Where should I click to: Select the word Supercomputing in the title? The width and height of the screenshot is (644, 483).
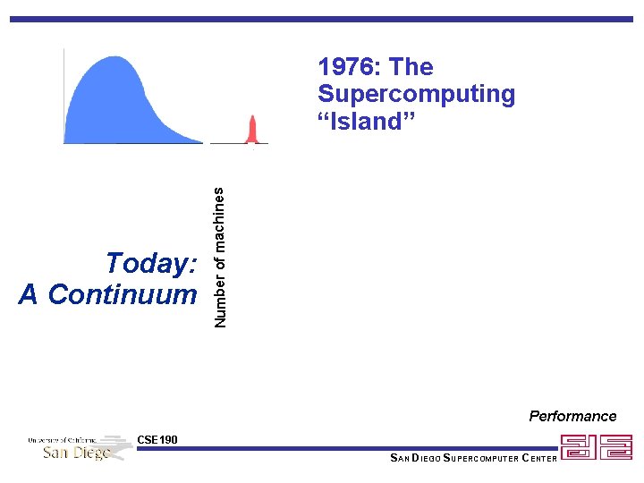(416, 94)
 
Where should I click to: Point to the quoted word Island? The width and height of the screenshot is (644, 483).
(368, 122)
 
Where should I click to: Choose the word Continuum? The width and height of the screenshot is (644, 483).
(123, 293)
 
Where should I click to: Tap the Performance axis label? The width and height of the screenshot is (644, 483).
(572, 416)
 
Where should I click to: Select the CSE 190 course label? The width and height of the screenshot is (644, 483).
(157, 439)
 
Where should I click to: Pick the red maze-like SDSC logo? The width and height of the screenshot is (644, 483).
(596, 447)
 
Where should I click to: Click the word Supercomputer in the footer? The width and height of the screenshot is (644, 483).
(477, 459)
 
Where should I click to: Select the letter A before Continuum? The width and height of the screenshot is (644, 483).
(29, 293)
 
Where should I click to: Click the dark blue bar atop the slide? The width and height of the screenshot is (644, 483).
(322, 19)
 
